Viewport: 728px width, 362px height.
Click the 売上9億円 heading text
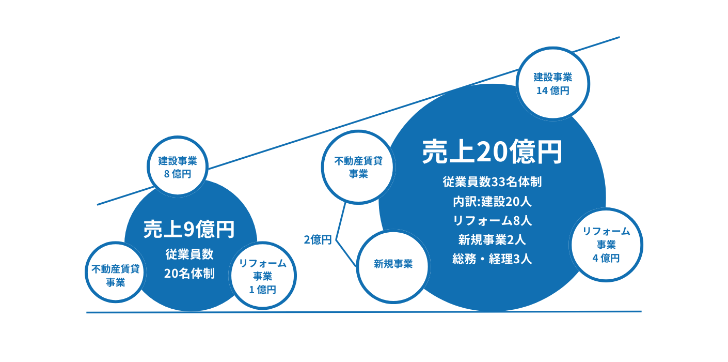189,229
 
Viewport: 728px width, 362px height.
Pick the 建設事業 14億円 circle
552,84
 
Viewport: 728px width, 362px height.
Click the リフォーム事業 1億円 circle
262,276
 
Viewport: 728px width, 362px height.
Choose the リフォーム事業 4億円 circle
606,245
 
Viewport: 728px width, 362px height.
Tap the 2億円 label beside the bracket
318,240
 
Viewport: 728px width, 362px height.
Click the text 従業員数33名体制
492,182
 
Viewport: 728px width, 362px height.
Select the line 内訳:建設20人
492,201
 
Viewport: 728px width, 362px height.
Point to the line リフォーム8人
492,220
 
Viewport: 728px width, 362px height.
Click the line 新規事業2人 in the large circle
492,240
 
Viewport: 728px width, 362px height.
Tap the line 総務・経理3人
492,259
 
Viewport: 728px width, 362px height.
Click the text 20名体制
189,274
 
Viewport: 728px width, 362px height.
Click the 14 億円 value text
552,90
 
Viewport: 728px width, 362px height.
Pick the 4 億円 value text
606,258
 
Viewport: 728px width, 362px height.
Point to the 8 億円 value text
178,174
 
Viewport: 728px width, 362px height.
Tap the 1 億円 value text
262,290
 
